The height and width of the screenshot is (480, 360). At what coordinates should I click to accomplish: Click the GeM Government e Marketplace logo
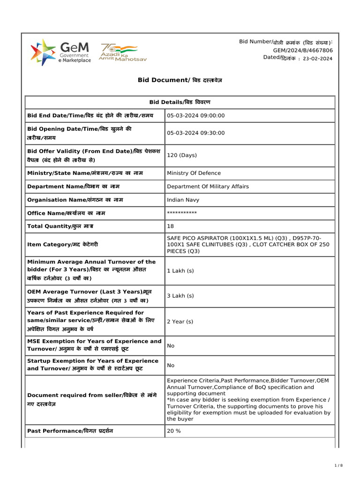[x=60, y=52]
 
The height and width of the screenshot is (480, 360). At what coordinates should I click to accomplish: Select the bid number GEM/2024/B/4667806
[x=303, y=50]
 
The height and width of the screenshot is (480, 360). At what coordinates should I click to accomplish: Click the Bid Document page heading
[x=180, y=80]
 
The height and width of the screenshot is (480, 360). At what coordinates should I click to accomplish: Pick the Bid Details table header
[x=180, y=102]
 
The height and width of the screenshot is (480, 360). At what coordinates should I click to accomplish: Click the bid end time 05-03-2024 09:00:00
[x=196, y=115]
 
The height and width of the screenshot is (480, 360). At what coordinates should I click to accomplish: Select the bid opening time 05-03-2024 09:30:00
[x=196, y=133]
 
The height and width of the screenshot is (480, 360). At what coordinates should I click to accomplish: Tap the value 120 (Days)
[x=182, y=155]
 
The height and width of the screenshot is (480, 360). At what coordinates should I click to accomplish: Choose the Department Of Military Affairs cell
[x=208, y=187]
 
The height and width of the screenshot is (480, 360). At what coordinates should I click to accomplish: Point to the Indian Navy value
[x=183, y=200]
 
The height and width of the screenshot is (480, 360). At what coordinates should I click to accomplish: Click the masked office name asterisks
[x=182, y=213]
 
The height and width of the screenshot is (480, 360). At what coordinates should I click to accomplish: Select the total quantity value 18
[x=170, y=226]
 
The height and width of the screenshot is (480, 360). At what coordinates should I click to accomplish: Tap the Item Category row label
[x=63, y=245]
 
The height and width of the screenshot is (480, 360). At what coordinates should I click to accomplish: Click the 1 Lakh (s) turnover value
[x=180, y=271]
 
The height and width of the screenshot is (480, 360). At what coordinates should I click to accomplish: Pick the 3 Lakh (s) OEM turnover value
[x=180, y=296]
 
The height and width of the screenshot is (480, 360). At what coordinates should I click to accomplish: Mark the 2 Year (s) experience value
[x=180, y=322]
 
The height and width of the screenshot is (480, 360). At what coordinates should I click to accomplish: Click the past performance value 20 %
[x=174, y=431]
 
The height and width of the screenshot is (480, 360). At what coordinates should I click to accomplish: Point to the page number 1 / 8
[x=339, y=465]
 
